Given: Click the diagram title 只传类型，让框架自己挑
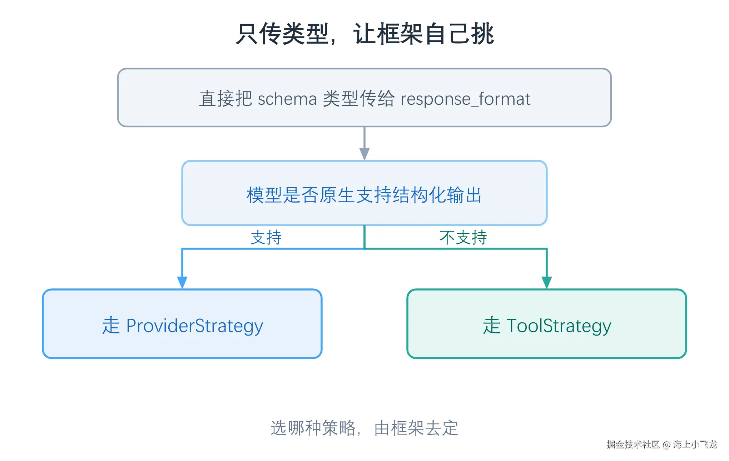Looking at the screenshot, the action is coord(365,34).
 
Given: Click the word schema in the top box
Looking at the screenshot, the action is coord(287,99).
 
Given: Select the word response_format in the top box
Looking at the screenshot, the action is coord(465,99).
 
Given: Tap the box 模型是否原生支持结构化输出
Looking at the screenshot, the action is coord(364,193).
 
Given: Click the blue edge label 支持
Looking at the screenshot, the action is coord(266,238).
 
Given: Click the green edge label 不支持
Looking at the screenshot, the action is coord(463,238).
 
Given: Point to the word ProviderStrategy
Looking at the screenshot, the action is coord(194,326).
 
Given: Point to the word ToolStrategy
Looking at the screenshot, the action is coord(559,326).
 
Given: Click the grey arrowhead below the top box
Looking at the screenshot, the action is coord(364,154).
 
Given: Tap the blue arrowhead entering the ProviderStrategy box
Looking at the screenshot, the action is coord(182,283).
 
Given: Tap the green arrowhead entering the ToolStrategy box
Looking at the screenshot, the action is coord(547,283).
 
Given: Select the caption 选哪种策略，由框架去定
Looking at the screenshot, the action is coord(364,428).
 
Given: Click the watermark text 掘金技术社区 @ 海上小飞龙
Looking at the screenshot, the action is coord(662,444).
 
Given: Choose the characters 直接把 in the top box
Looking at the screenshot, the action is coord(226,99).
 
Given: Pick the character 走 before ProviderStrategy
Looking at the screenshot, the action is coord(111,326).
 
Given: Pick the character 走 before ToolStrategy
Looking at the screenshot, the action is coord(492,326).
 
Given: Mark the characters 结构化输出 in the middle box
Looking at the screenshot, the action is coord(437,195).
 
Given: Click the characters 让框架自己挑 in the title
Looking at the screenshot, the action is coord(424,34).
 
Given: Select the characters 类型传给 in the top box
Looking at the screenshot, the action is coord(359,99).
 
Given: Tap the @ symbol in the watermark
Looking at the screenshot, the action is coord(666,445).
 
